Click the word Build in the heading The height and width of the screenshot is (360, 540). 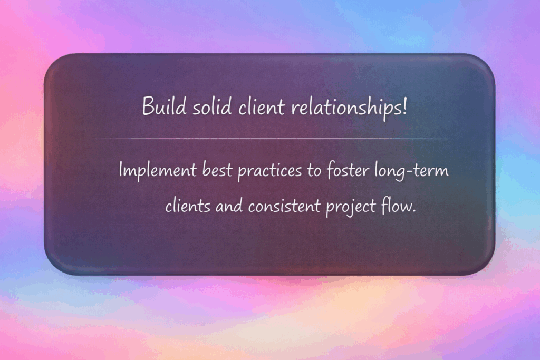pos(160,108)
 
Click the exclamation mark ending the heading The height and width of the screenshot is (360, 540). pos(404,108)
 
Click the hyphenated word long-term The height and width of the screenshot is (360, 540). pos(414,172)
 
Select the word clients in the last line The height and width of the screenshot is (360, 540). pos(185,205)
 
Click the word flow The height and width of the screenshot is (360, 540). pos(395,205)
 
